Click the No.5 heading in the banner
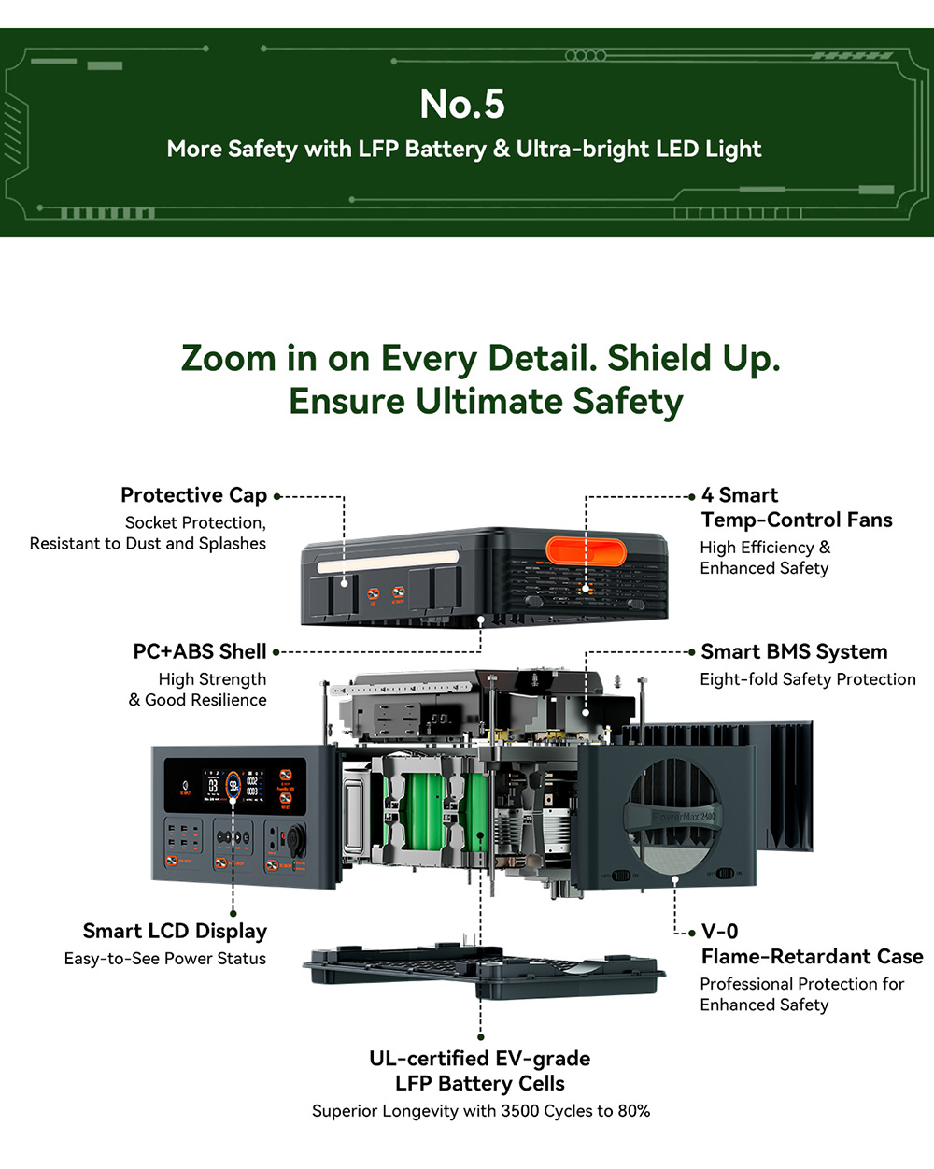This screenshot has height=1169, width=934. (x=462, y=104)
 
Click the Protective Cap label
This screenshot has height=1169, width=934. (x=193, y=495)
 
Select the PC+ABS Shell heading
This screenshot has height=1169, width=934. (x=200, y=651)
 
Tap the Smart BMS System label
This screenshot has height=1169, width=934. (x=794, y=651)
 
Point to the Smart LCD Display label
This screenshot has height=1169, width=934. (x=175, y=931)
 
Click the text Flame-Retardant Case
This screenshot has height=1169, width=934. (x=812, y=956)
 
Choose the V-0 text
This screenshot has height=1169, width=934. (x=719, y=931)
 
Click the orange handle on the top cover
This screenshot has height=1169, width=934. (x=586, y=551)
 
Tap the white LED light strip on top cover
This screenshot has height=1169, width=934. (x=387, y=565)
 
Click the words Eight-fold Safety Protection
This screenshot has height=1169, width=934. (x=808, y=679)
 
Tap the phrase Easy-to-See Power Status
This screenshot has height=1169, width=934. (x=165, y=959)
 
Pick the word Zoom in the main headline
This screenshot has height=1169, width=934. (x=228, y=359)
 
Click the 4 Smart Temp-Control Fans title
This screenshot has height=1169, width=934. (x=797, y=507)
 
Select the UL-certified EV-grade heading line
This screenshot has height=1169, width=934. (x=480, y=1059)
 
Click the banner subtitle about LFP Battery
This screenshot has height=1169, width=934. (x=464, y=150)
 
